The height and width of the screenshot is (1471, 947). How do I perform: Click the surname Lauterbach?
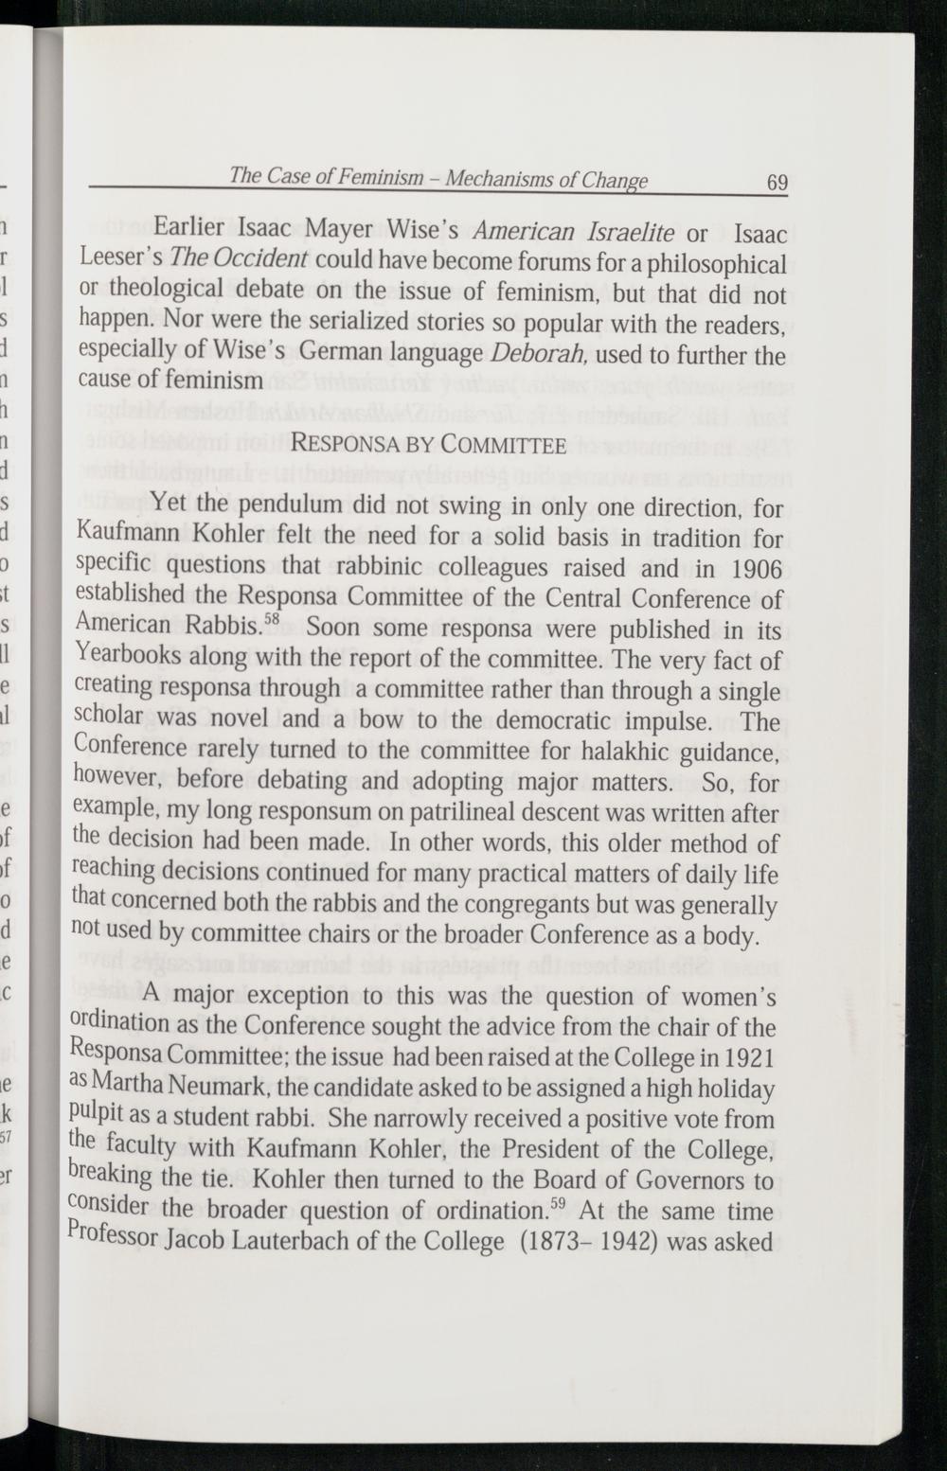tap(348, 1242)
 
